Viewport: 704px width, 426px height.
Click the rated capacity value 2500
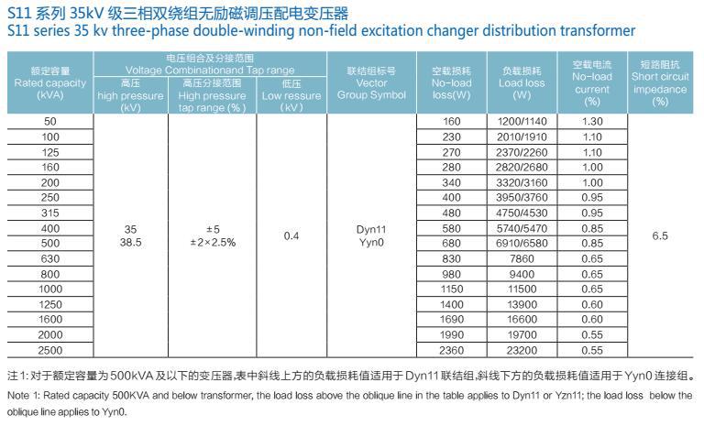coord(50,350)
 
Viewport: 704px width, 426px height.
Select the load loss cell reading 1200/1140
coord(522,121)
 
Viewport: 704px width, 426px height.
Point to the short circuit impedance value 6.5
coord(660,235)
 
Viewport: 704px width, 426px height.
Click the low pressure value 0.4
coord(291,235)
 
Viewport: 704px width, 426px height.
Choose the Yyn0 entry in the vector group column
coord(371,243)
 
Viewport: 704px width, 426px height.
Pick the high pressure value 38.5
coord(129,243)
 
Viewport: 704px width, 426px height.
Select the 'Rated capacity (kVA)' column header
coord(50,82)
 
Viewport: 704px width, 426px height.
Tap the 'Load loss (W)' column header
coord(522,82)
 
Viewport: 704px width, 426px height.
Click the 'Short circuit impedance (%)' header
coord(660,82)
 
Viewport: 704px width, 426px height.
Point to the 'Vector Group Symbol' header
coord(371,82)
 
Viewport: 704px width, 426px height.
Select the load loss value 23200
coord(522,350)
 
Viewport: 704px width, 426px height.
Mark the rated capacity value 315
coord(50,213)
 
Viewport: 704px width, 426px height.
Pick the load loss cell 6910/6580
coord(522,243)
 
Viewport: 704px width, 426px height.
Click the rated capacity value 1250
coord(50,304)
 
